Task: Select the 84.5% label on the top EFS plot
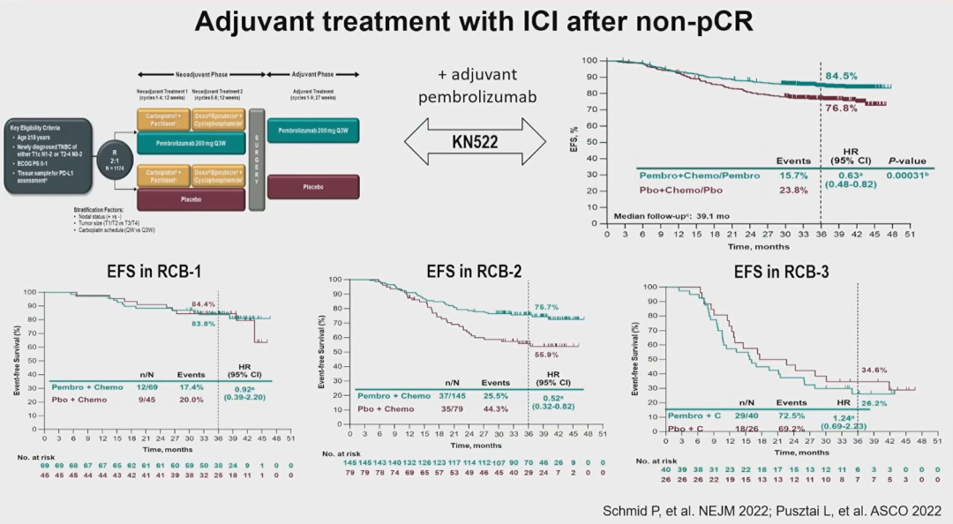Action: [x=841, y=76]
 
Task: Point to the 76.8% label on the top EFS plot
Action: [x=841, y=109]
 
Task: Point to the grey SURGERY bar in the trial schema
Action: [x=257, y=159]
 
